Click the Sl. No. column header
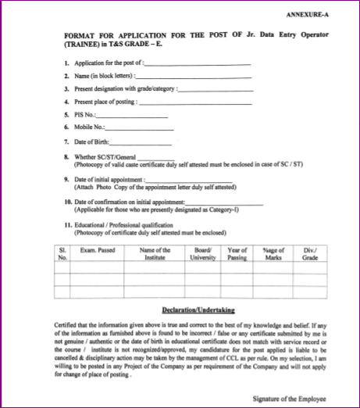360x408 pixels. point(63,252)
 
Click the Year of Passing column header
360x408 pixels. point(238,252)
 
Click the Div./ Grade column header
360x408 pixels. point(310,252)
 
